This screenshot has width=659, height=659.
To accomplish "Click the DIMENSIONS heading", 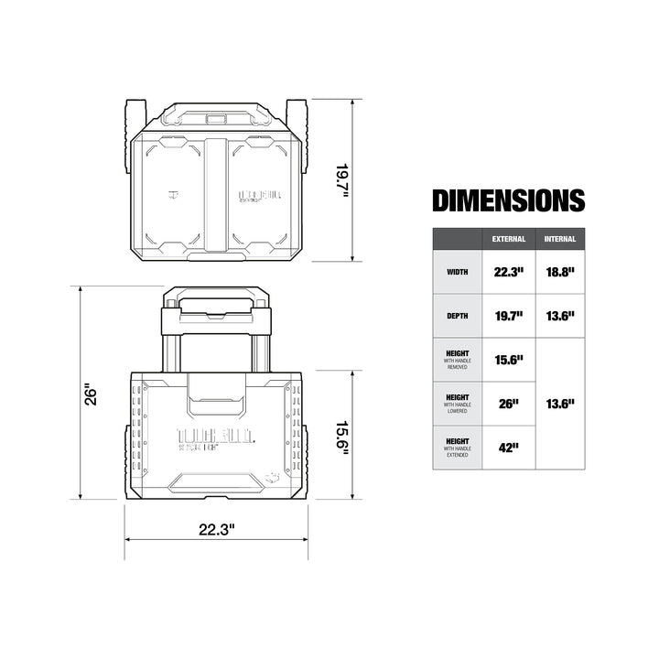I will coord(508,200).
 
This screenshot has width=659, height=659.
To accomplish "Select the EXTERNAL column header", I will coord(509,239).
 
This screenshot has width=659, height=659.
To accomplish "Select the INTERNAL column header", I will coord(560,239).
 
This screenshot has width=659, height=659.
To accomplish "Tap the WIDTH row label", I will coord(457,272).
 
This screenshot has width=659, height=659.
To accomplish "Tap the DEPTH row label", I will coord(457,316).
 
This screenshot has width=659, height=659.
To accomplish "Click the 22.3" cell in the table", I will coord(509,272).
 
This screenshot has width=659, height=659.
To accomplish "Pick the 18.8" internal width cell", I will coord(560,272).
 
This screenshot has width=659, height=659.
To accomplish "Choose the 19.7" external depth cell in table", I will coord(509,316).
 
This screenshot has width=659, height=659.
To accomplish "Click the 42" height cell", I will coord(509,448).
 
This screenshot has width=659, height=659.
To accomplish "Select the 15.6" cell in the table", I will coord(509,360).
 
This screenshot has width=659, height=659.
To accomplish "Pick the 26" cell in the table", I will coord(509,404).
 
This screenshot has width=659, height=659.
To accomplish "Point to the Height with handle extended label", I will coord(457,448).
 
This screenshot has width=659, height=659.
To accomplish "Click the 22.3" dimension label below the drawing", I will coord(216,528).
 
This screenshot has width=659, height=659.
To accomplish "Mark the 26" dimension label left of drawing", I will coord(91,394).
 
